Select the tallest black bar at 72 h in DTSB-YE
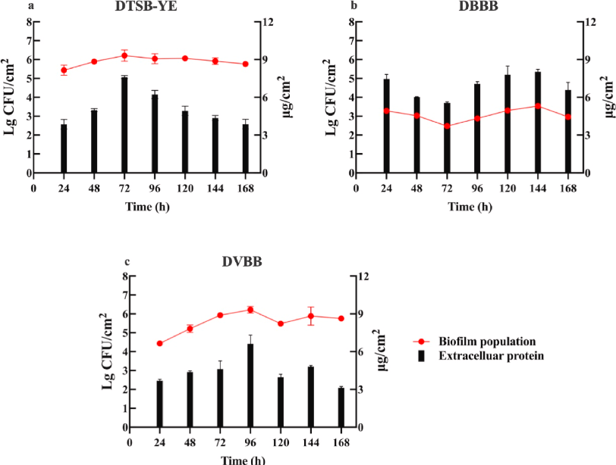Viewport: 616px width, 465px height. [124, 125]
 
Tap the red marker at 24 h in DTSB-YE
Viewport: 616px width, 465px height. [64, 70]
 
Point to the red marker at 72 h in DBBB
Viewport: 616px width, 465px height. [447, 126]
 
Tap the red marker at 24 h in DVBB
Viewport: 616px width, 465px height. [159, 343]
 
